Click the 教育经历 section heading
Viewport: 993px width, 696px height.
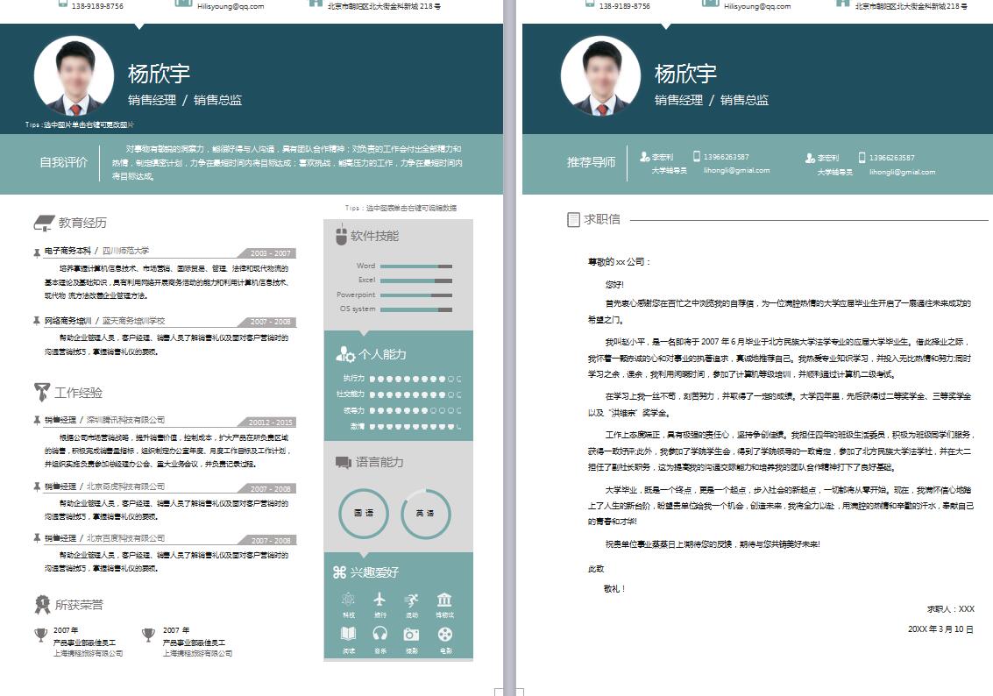coord(82,223)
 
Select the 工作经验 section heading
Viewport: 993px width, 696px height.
coord(78,392)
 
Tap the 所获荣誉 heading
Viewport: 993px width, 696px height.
coord(79,604)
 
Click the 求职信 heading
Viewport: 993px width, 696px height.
coord(601,219)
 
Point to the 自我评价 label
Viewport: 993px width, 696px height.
coord(63,162)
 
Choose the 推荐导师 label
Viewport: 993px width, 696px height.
coord(591,162)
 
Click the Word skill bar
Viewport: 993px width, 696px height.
coord(416,266)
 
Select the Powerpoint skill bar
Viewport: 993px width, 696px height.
coord(416,295)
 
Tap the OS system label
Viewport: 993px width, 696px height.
coord(358,309)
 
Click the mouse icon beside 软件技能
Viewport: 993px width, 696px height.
coord(341,236)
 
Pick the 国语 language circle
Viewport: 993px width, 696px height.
coord(364,513)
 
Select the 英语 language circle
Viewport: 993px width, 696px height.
coord(426,513)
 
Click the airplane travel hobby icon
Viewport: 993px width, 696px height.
coord(379,600)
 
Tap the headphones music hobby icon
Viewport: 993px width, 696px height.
coord(379,634)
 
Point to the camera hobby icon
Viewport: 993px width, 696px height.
coord(412,634)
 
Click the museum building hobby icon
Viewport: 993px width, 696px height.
coord(444,600)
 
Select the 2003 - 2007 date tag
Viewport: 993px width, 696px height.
coord(270,253)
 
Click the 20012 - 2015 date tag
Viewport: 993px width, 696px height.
coord(270,423)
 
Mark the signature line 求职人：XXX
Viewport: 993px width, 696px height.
coord(950,608)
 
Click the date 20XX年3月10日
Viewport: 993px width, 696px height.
coord(940,629)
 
